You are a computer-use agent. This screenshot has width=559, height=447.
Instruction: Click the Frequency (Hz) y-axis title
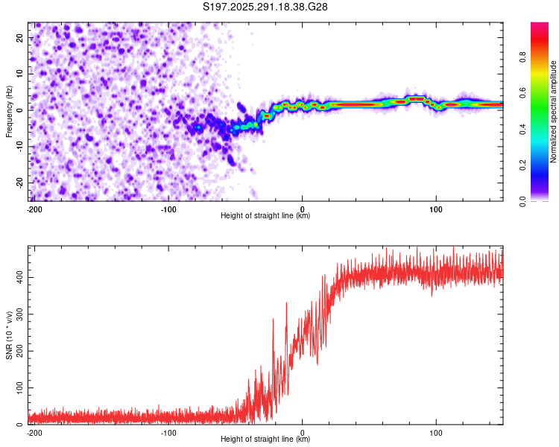coord(10,112)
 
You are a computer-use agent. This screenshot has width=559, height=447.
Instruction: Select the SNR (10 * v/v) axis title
coord(10,335)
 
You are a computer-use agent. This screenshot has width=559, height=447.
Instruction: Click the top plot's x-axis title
coord(265,215)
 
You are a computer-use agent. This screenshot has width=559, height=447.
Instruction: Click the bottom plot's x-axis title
coord(265,439)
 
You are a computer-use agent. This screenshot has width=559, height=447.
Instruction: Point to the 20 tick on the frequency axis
coord(20,37)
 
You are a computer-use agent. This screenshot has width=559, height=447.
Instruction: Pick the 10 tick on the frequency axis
coord(20,74)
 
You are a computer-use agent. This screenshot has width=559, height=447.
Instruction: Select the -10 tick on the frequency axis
coord(19,147)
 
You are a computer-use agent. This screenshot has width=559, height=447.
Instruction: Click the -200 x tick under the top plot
coord(34,208)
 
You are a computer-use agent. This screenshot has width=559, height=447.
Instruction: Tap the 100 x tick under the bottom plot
coord(437,431)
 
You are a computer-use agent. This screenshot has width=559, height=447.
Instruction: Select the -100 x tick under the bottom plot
coord(168,431)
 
